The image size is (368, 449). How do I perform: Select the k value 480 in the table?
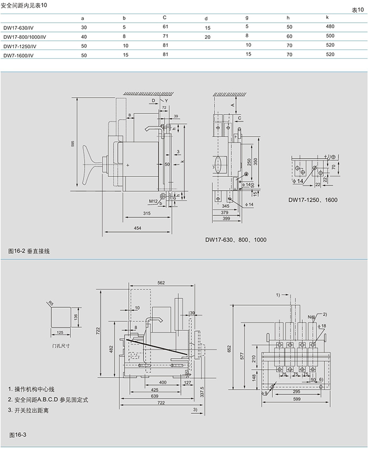(x=330, y=27)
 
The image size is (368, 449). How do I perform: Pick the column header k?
(x=327, y=17)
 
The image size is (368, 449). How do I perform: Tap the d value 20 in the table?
(x=208, y=36)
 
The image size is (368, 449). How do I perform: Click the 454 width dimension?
(x=137, y=227)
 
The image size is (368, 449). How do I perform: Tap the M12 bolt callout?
(x=153, y=201)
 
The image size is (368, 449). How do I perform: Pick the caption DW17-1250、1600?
(x=313, y=200)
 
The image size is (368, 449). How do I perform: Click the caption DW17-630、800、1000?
(x=236, y=239)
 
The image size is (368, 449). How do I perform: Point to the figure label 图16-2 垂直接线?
(x=32, y=252)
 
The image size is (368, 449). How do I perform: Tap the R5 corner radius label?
(x=51, y=303)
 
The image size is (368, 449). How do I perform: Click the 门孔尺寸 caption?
(x=62, y=347)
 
